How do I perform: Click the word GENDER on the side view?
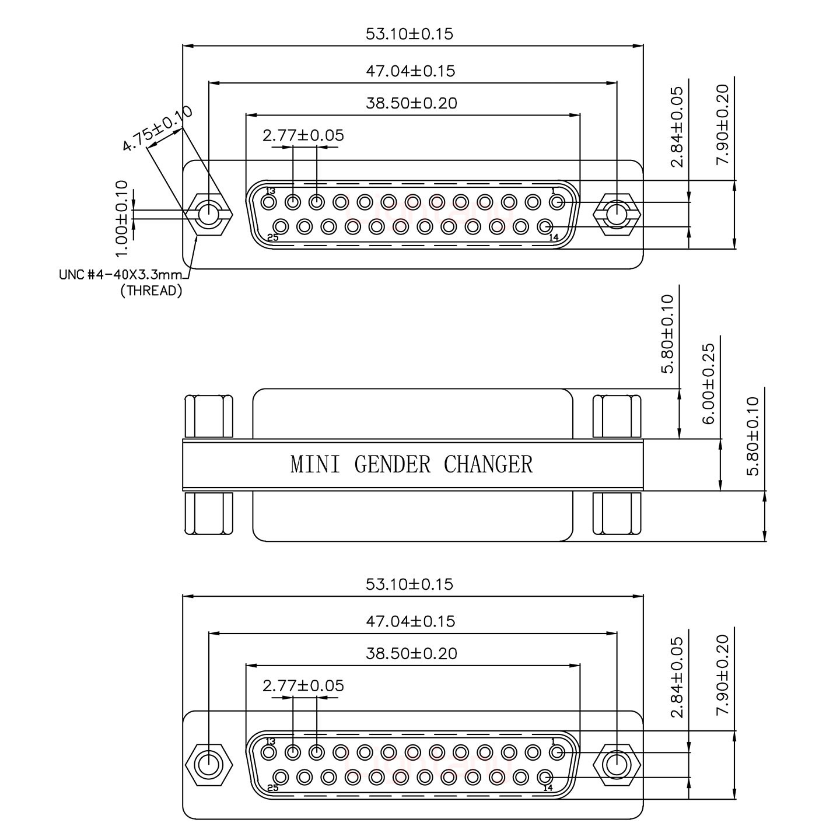pyautogui.click(x=393, y=465)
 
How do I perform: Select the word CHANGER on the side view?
pyautogui.click(x=488, y=465)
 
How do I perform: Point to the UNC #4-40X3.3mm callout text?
pyautogui.click(x=121, y=275)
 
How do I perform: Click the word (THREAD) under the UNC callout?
pyautogui.click(x=151, y=290)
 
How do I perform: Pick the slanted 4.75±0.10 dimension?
pyautogui.click(x=156, y=128)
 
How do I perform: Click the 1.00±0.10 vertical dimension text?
pyautogui.click(x=121, y=219)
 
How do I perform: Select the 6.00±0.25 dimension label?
pyautogui.click(x=708, y=383)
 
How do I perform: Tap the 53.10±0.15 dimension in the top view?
pyautogui.click(x=409, y=34)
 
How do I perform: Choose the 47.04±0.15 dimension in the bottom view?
pyautogui.click(x=410, y=621)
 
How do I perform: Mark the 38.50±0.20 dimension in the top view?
pyautogui.click(x=411, y=103)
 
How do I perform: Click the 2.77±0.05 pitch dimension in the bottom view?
pyautogui.click(x=303, y=685)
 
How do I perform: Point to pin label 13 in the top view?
pyautogui.click(x=270, y=191)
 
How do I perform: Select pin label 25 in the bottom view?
pyautogui.click(x=272, y=787)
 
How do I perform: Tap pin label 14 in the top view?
pyautogui.click(x=554, y=237)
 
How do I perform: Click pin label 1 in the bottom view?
pyautogui.click(x=552, y=741)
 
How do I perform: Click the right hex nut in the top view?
pyautogui.click(x=617, y=215)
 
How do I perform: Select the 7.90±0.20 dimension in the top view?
pyautogui.click(x=723, y=125)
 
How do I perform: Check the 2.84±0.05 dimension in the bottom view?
pyautogui.click(x=677, y=677)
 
